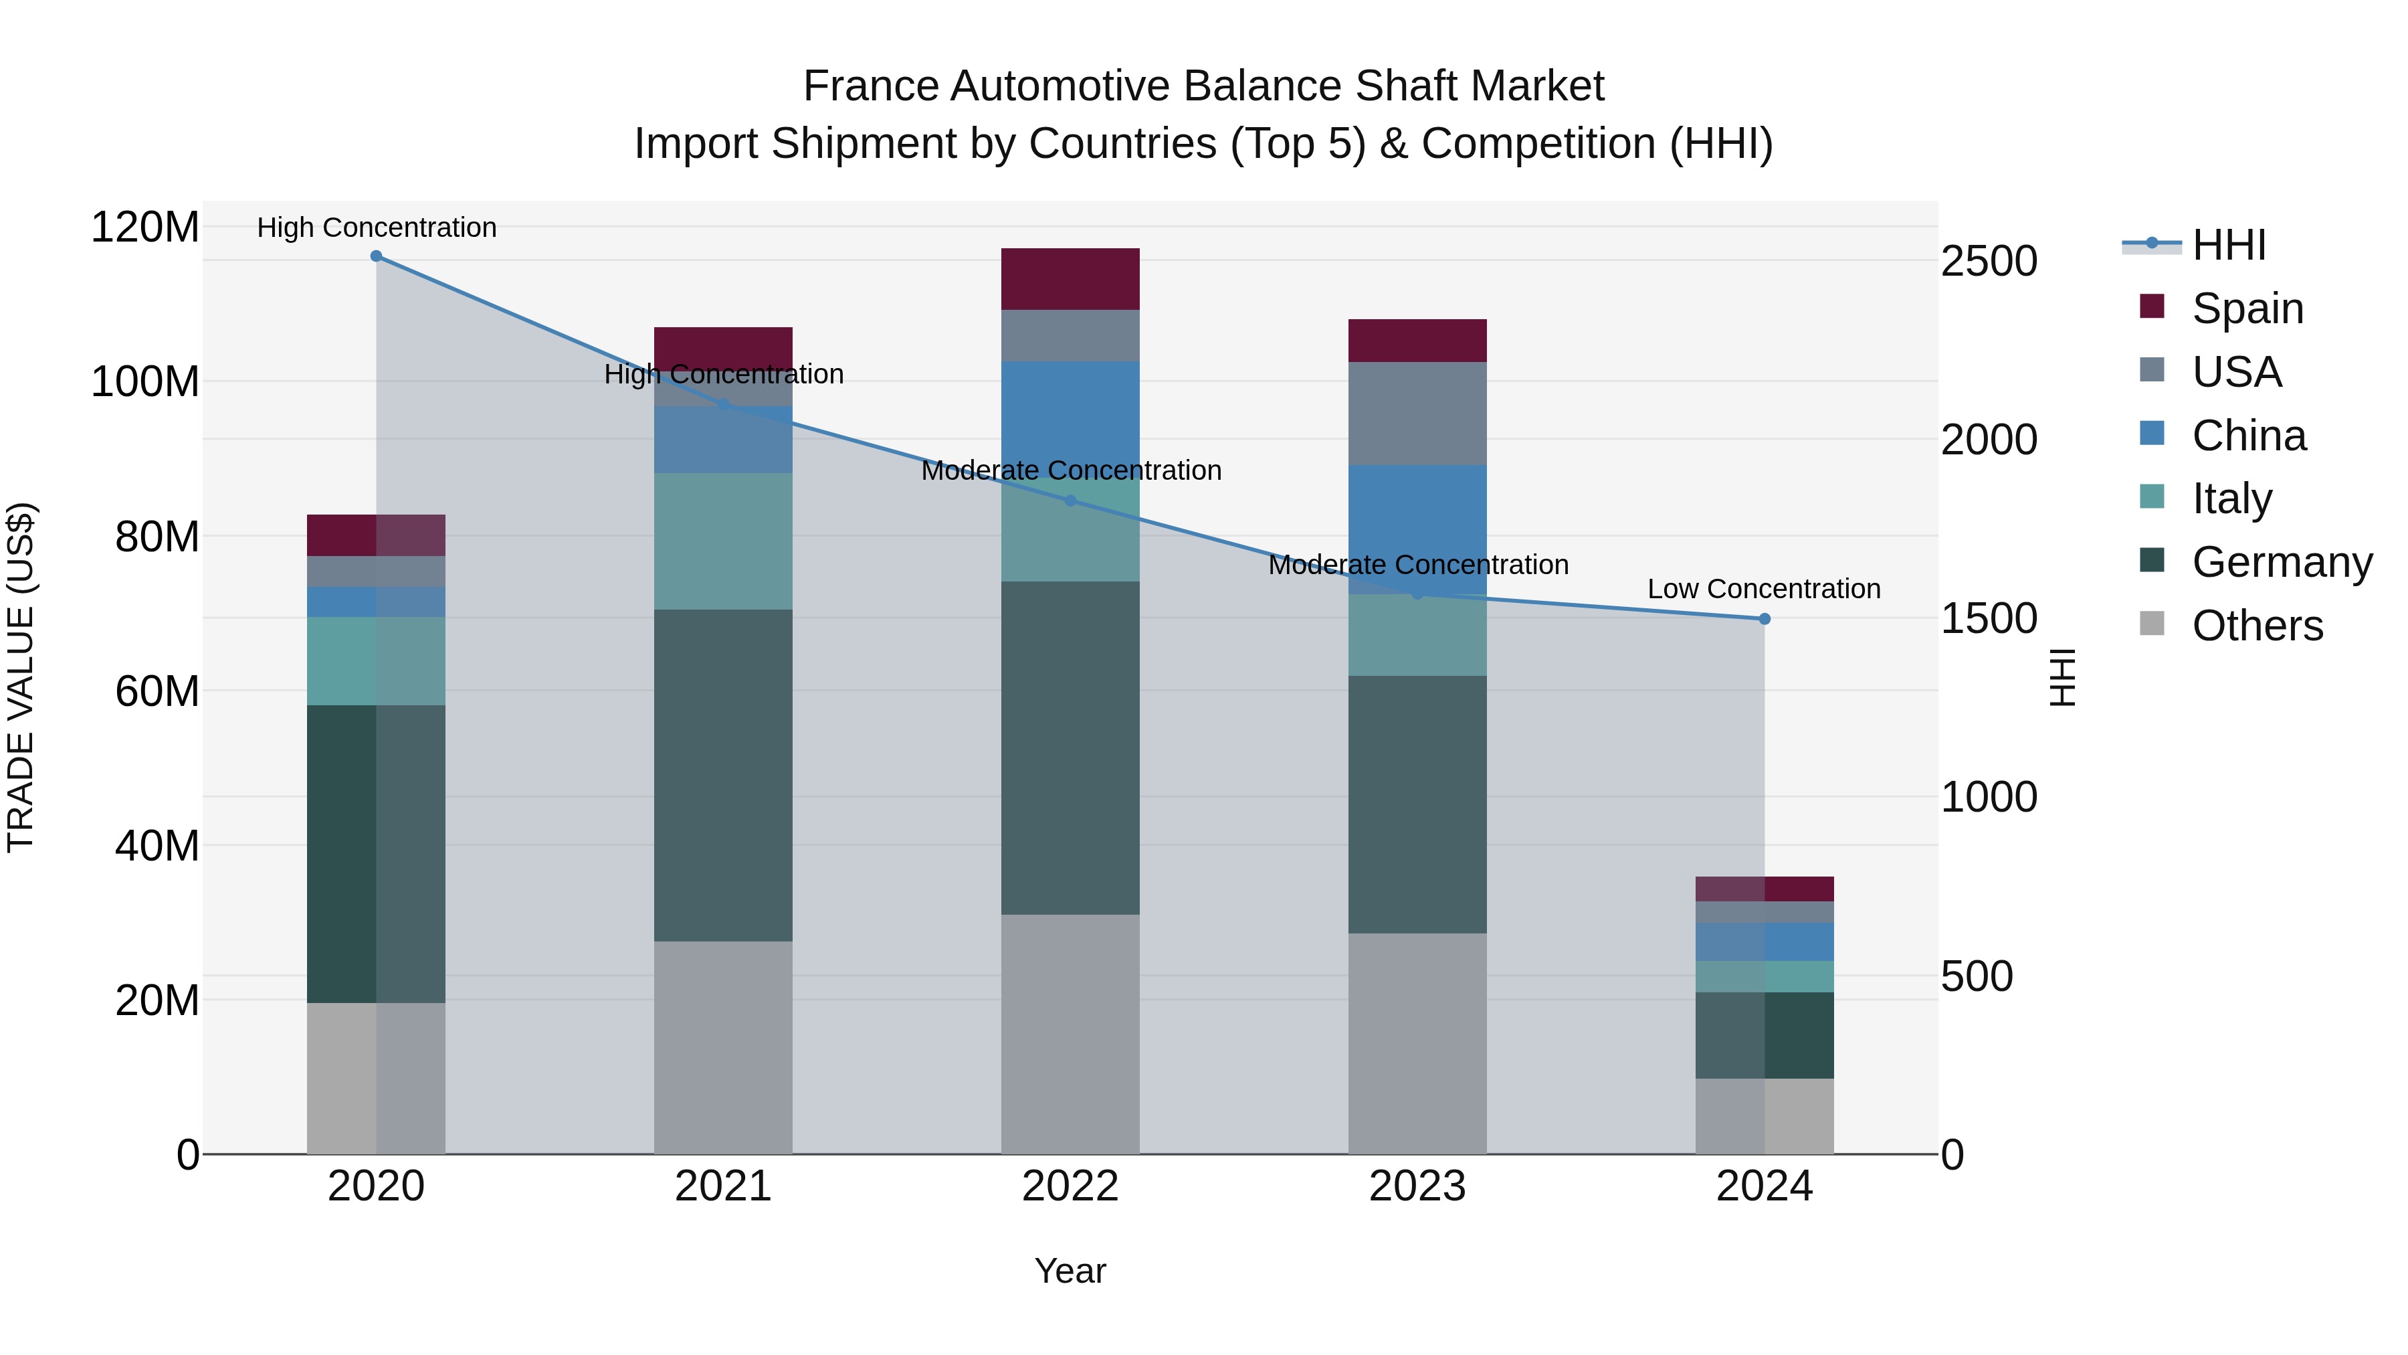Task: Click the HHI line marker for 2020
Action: coord(376,256)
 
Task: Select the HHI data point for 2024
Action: coord(1764,619)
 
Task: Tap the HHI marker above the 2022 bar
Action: coord(1070,501)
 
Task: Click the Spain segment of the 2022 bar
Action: coord(1070,278)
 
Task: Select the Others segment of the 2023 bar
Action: coord(1417,1043)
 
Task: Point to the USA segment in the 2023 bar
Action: coord(1417,414)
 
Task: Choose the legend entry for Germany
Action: coord(2282,562)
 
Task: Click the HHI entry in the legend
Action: coord(2229,245)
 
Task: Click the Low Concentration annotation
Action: coord(1763,589)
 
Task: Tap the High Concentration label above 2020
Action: coord(376,228)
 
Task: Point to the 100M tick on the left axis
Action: coord(145,381)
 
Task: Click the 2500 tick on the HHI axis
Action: coord(1989,261)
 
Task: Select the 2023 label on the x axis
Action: coord(1417,1186)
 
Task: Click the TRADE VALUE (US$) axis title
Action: coord(21,677)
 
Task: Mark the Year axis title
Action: coord(1070,1271)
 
